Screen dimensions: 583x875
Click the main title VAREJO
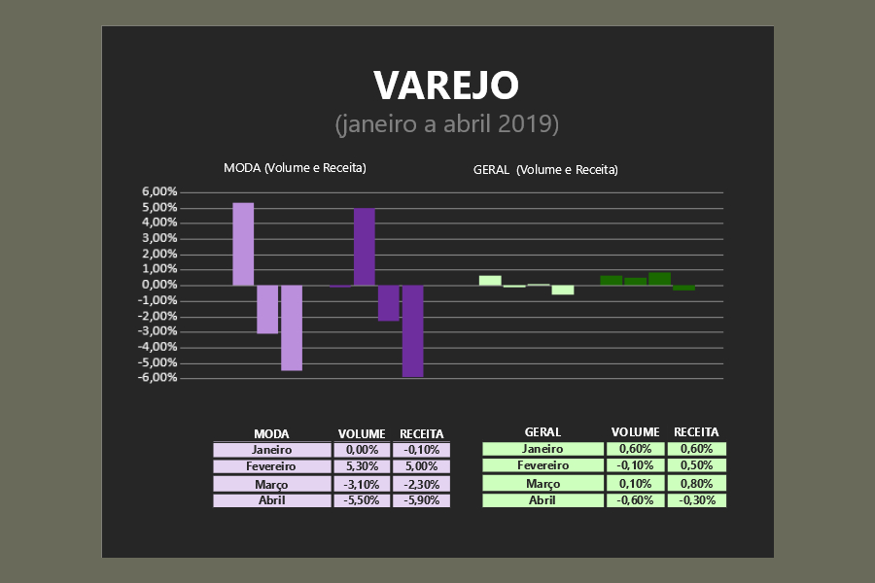pos(446,86)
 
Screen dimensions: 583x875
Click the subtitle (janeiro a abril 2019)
pos(446,125)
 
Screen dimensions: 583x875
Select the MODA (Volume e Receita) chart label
pos(295,168)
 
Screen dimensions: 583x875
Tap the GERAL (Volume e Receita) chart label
pos(545,169)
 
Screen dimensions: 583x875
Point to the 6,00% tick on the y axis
pos(159,192)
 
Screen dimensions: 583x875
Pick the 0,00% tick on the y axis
pos(159,285)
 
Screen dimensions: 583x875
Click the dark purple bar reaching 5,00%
pos(365,247)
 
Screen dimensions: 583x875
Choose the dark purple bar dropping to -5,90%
pos(412,330)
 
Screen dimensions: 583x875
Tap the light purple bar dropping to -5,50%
pos(292,327)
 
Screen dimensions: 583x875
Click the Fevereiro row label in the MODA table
pos(272,466)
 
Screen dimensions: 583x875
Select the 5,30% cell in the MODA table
pos(362,466)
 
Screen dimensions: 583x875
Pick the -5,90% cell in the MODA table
pos(420,500)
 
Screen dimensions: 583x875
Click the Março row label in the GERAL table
pos(542,484)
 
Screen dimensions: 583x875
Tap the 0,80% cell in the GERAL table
pos(697,484)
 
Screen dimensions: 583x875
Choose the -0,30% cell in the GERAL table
pos(697,500)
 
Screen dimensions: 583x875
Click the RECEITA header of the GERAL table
pos(696,432)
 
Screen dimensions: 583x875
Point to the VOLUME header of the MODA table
pos(362,433)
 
